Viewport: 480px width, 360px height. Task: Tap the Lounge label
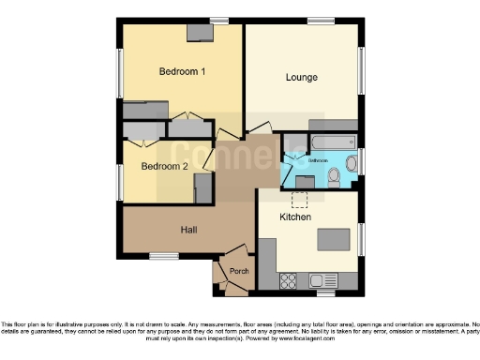[301, 77]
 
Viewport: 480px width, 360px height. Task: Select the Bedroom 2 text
[165, 166]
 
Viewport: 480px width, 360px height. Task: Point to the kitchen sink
[329, 279]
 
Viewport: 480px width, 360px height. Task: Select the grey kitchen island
[332, 240]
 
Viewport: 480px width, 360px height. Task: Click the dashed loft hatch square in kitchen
[301, 198]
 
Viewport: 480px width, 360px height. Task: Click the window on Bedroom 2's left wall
[120, 179]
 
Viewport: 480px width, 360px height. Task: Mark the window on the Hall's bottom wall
[164, 256]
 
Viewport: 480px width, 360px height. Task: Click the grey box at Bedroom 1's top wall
[199, 34]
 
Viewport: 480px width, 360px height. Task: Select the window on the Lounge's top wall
[322, 22]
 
